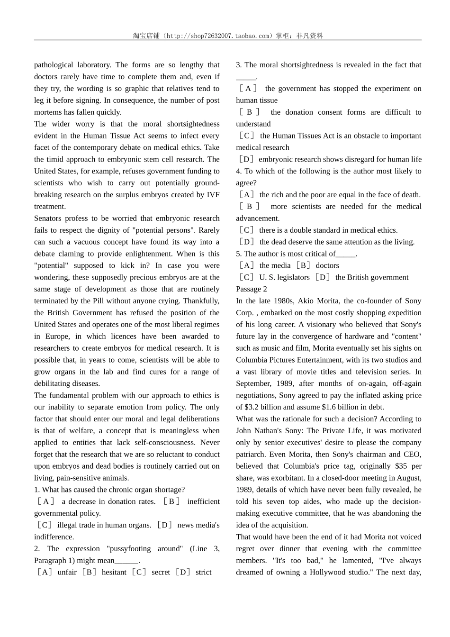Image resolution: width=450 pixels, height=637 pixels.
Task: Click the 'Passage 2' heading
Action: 252,289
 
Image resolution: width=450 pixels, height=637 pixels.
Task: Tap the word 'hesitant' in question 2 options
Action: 114,573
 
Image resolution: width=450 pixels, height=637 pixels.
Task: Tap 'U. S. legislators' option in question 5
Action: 284,277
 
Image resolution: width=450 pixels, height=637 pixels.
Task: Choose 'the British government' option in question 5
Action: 372,277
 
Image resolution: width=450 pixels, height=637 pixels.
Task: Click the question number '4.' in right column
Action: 239,171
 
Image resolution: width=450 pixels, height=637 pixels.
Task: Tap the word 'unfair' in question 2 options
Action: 67,573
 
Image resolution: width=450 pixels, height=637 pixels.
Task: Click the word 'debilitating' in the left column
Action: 54,383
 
